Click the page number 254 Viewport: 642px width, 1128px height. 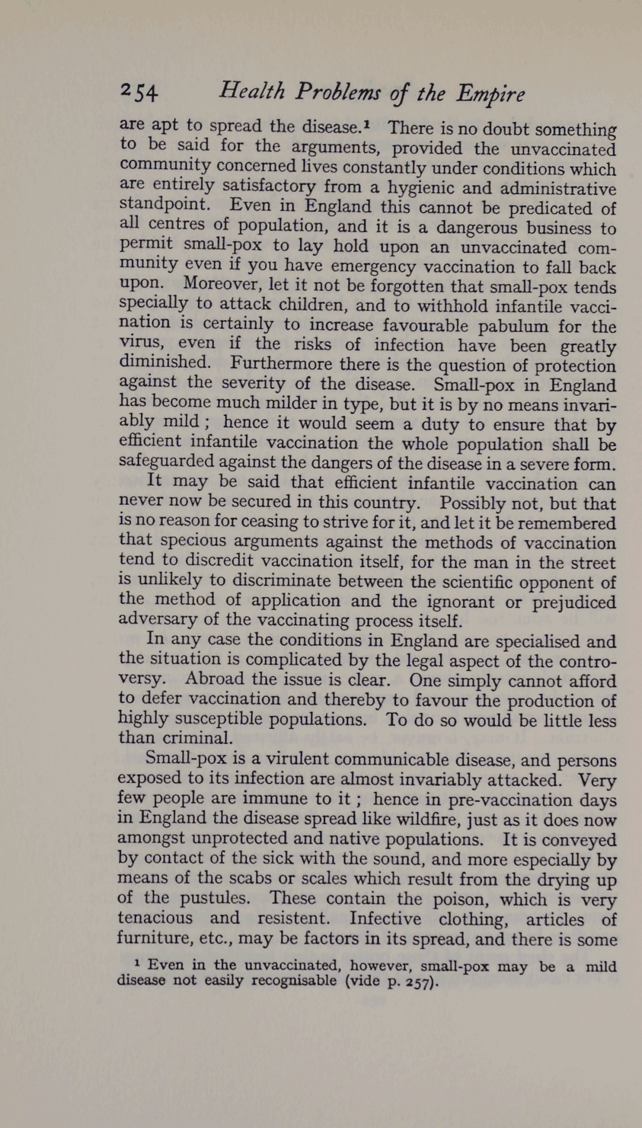point(138,92)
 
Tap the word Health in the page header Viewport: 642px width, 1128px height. point(252,90)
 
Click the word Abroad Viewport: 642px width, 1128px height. point(215,679)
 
